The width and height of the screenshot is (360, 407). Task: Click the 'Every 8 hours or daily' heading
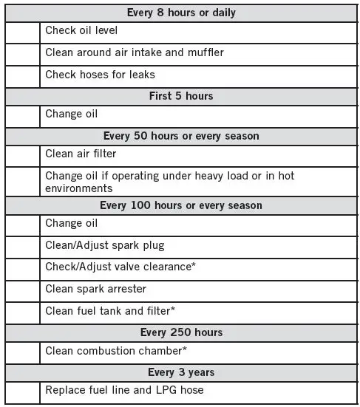click(x=181, y=13)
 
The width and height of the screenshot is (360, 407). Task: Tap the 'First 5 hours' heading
click(x=181, y=95)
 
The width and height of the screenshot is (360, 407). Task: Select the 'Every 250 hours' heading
click(x=181, y=332)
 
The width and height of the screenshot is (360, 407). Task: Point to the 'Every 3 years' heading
click(x=181, y=372)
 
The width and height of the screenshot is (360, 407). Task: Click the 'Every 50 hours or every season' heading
click(x=181, y=136)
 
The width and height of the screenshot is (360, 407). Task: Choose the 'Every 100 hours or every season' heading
click(x=181, y=205)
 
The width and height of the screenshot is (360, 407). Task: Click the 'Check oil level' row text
click(x=81, y=31)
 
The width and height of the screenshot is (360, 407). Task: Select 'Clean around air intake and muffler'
click(x=134, y=52)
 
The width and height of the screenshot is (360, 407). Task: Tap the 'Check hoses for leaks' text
click(x=100, y=75)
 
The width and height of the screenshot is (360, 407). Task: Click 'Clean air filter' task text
click(x=81, y=154)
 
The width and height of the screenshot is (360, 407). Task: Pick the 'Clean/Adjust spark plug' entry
click(x=104, y=244)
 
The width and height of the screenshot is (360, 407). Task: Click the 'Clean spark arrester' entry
click(x=95, y=289)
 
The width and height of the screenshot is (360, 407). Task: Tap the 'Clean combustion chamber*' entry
click(x=115, y=351)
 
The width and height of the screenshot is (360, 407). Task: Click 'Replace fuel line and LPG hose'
click(x=124, y=389)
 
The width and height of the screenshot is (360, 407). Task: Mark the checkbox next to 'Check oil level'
click(x=21, y=32)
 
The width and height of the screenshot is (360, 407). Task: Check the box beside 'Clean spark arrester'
click(x=21, y=290)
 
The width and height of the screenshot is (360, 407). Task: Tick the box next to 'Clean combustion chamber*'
click(x=21, y=351)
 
